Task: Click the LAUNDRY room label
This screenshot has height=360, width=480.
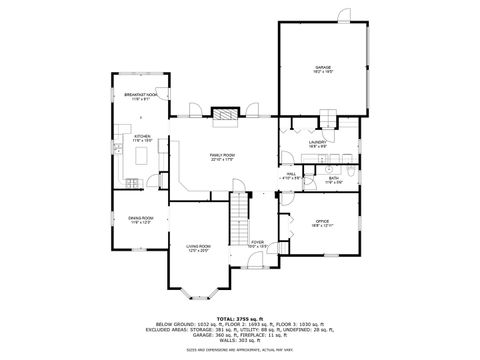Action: [x=318, y=144]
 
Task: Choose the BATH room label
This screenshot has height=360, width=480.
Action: [x=334, y=180]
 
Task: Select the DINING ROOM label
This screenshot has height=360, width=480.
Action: [x=140, y=219]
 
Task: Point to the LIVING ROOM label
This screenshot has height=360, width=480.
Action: [x=197, y=246]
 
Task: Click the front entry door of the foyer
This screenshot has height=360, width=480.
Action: [x=258, y=263]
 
